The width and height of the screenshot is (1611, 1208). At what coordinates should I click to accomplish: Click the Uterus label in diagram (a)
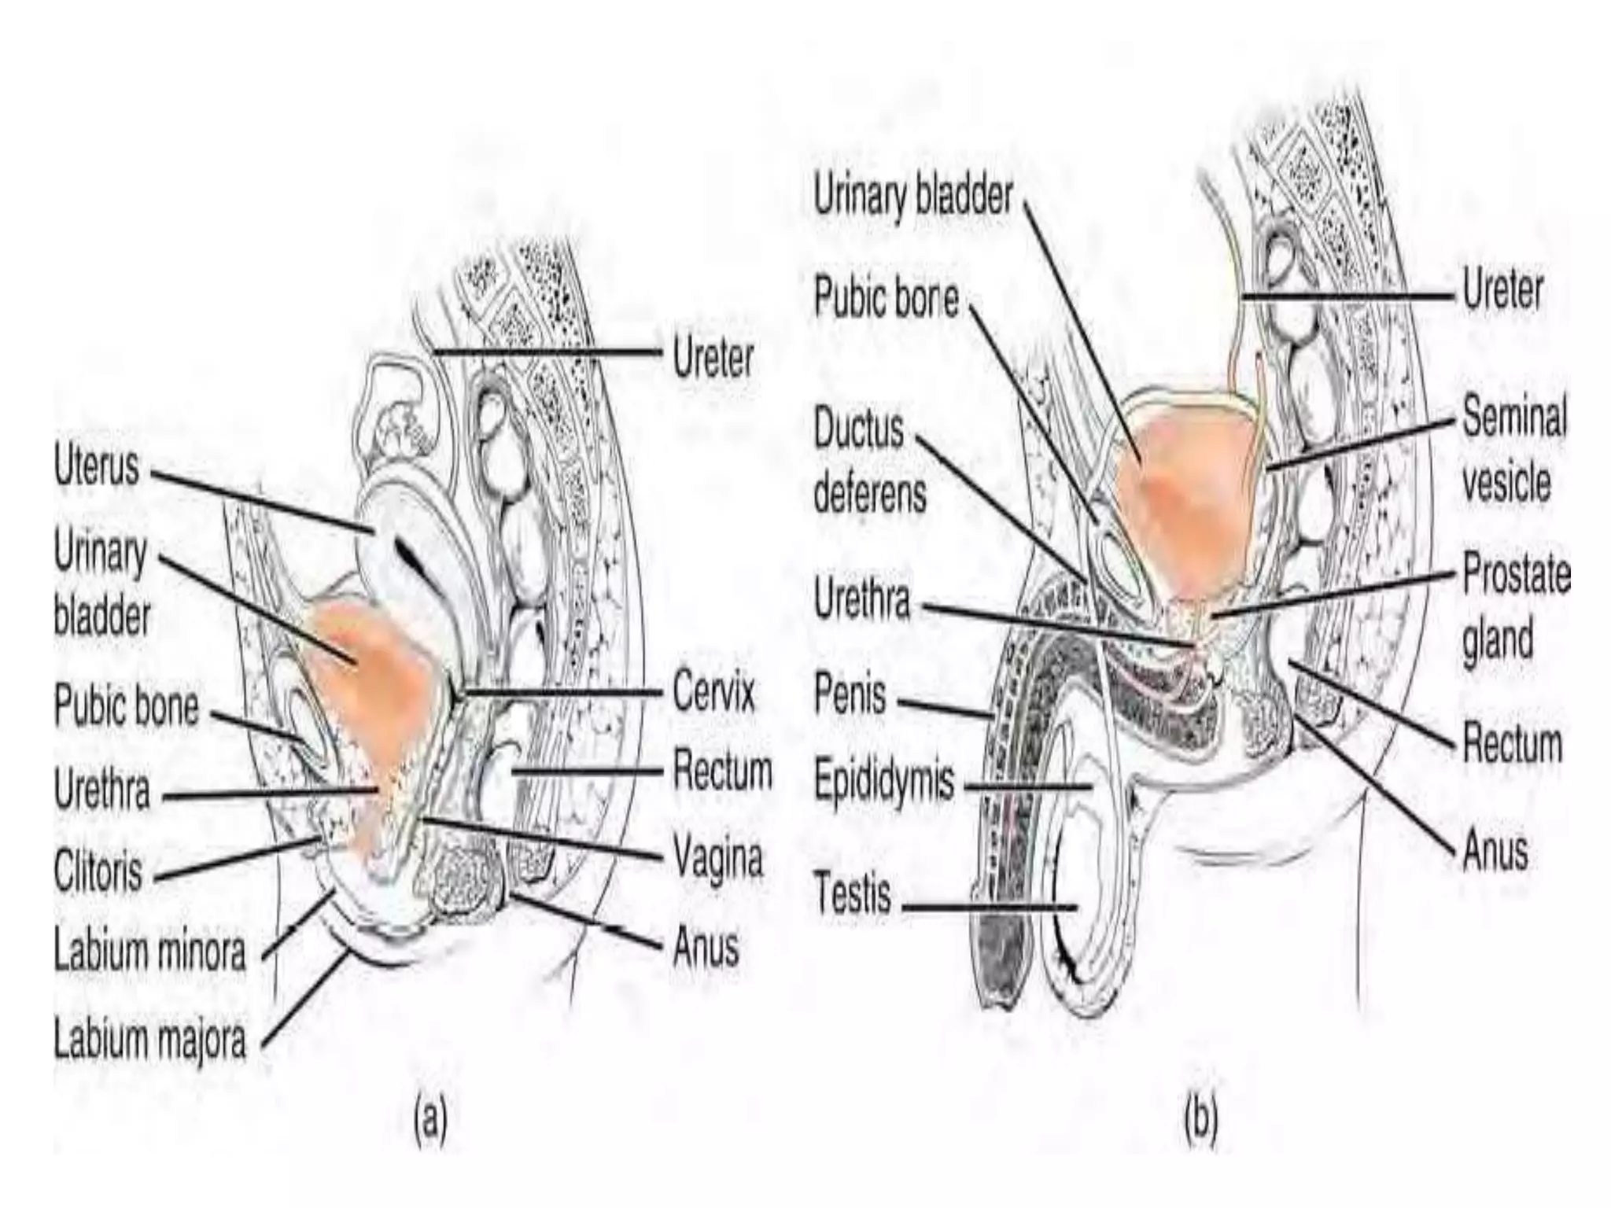[96, 467]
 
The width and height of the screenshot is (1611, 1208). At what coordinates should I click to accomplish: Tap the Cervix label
[713, 693]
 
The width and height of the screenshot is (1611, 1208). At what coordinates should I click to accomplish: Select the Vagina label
[717, 858]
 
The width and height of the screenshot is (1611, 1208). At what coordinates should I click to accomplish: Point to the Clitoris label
[98, 871]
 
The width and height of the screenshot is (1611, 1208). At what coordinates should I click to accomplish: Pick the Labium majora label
[149, 1040]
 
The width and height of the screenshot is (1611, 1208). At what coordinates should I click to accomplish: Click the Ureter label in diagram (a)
[713, 359]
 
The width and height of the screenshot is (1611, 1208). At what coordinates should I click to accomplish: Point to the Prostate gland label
[1515, 606]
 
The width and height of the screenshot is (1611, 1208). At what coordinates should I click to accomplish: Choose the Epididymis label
[883, 782]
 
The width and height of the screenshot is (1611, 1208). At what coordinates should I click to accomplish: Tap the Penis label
[850, 695]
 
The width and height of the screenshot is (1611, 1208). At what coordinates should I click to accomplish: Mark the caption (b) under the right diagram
[1200, 1120]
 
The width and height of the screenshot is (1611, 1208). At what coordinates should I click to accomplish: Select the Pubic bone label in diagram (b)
[886, 299]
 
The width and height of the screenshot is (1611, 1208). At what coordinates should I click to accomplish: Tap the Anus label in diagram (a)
[706, 946]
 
